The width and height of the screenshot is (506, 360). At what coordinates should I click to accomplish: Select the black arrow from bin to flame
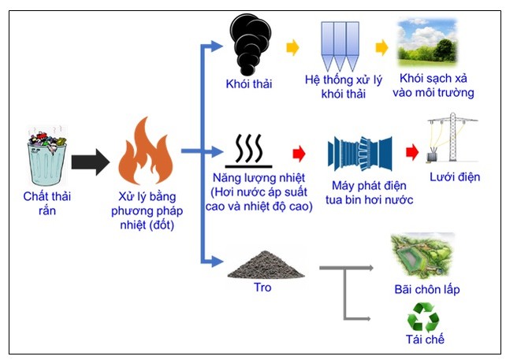[x=90, y=162]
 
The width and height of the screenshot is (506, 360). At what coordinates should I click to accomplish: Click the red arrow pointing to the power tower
[x=410, y=151]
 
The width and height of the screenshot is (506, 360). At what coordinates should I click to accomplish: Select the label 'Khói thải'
[x=248, y=84]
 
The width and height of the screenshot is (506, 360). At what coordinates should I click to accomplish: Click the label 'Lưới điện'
[x=456, y=176]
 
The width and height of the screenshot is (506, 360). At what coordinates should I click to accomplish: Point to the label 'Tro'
[x=262, y=288]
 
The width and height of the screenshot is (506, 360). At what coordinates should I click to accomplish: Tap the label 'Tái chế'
[x=424, y=340]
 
